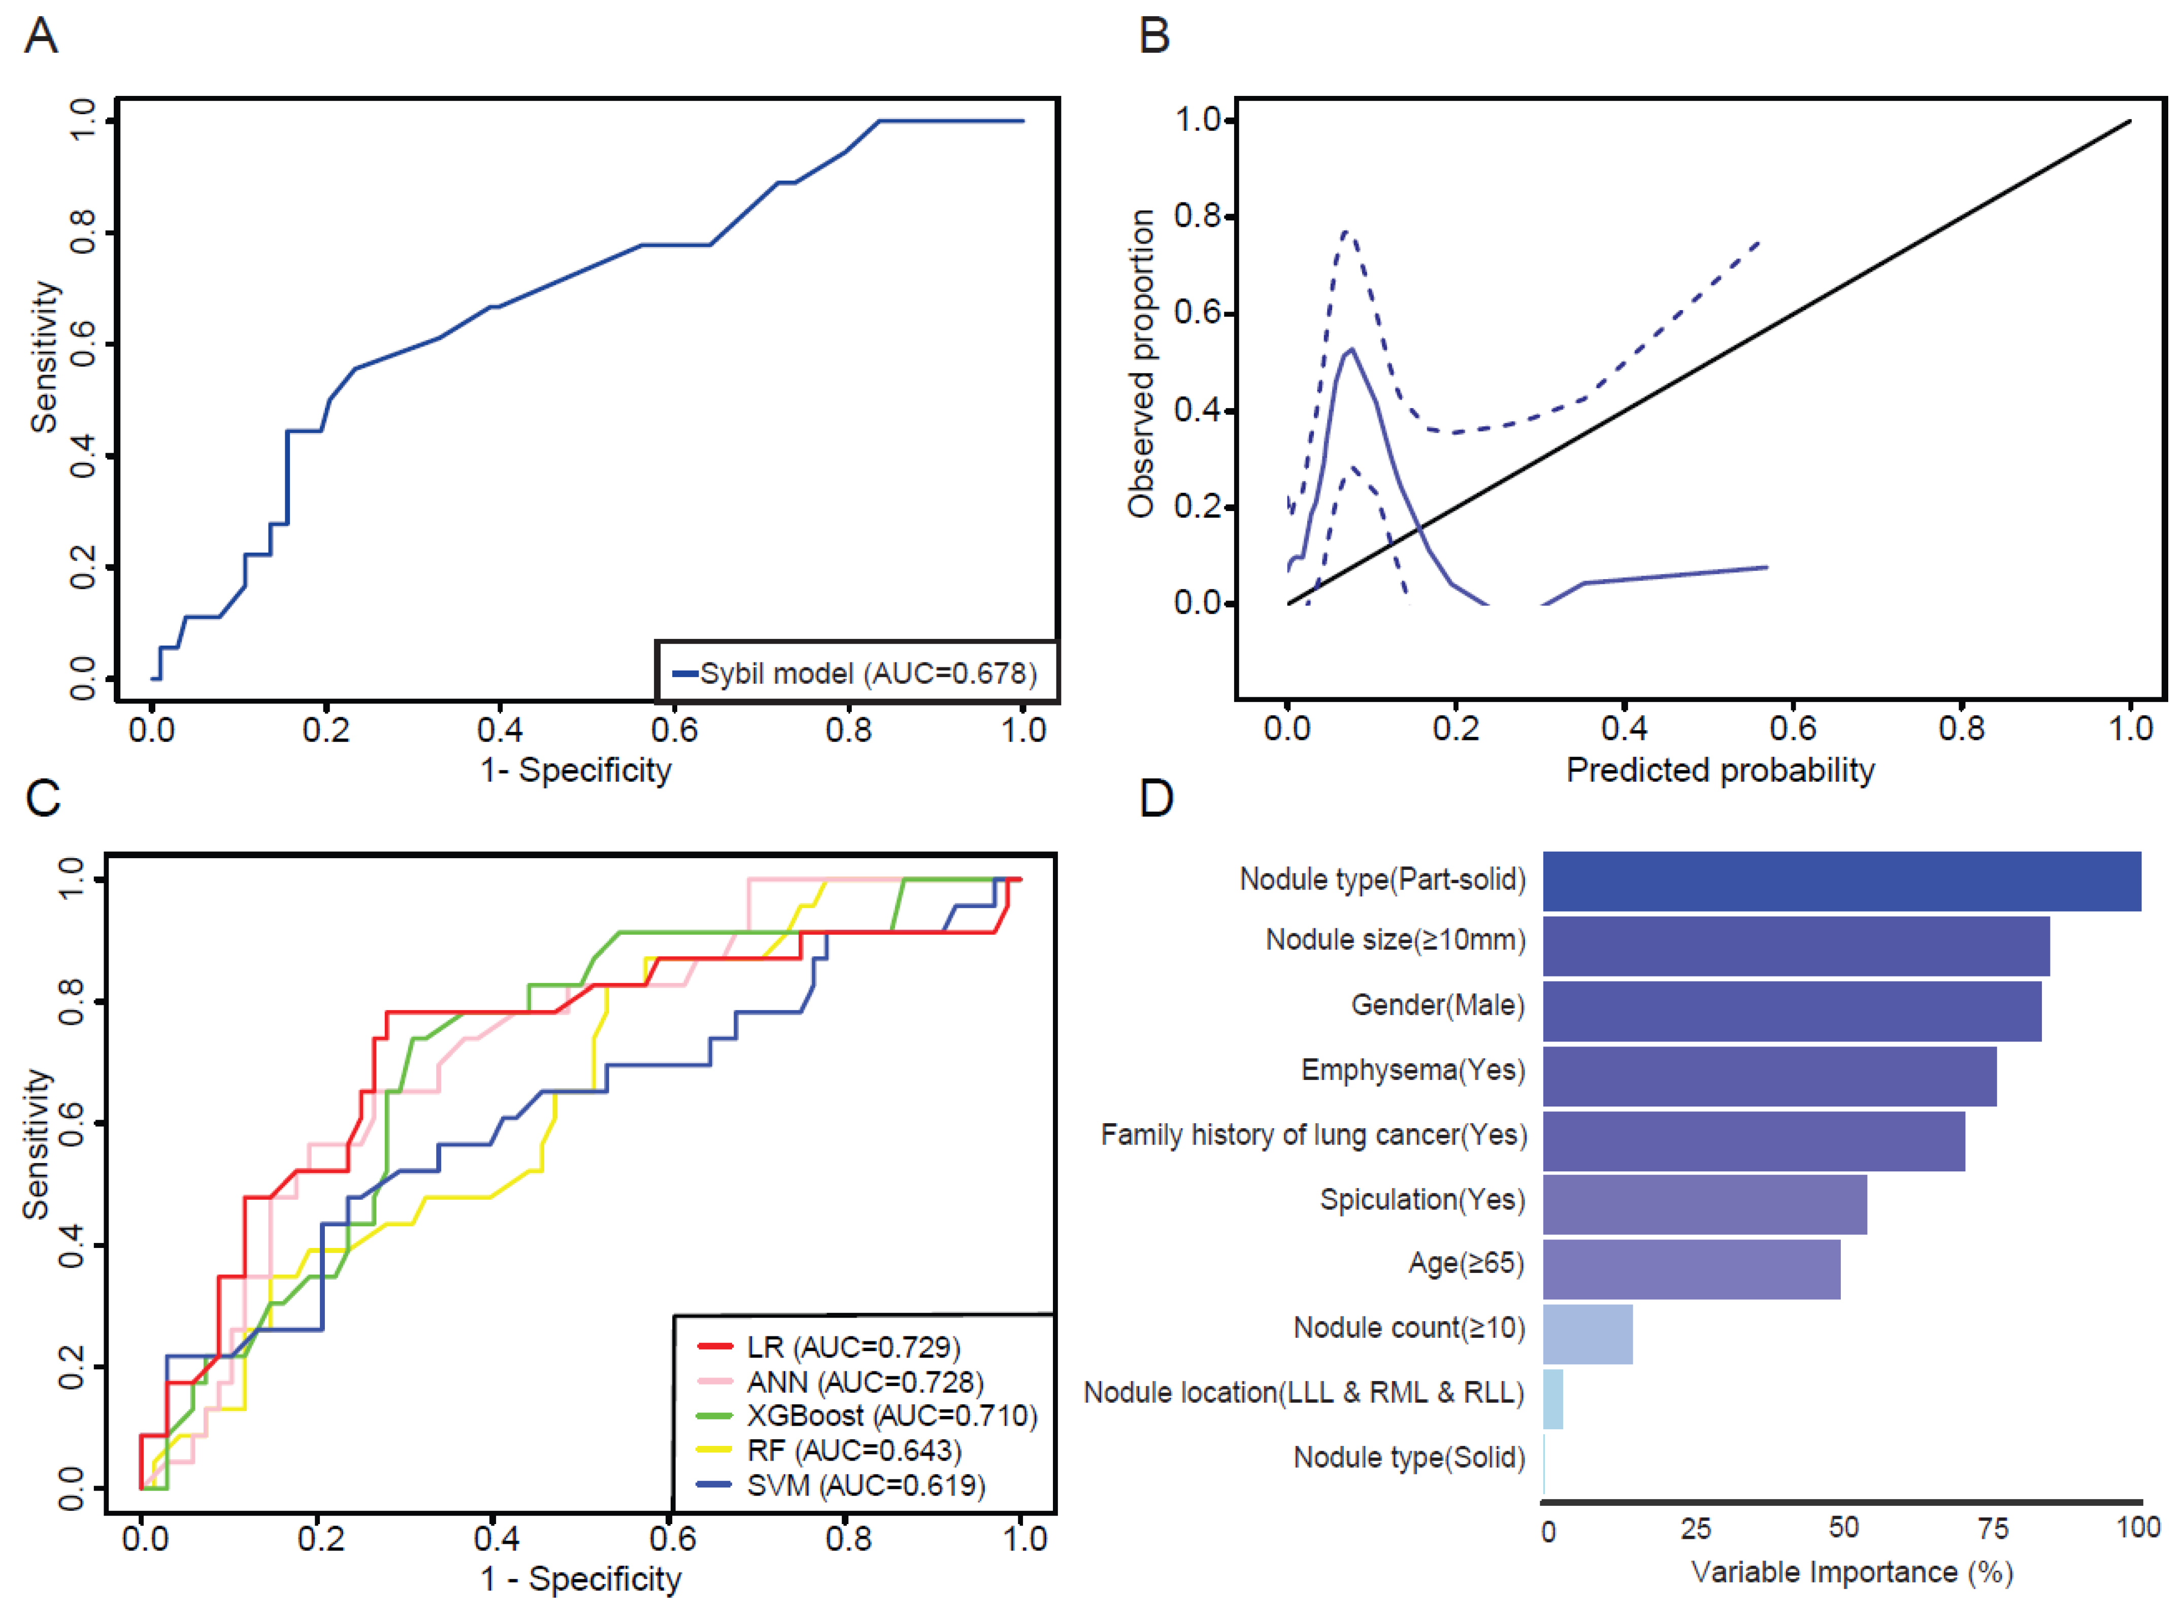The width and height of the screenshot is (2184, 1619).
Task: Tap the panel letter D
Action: (1156, 799)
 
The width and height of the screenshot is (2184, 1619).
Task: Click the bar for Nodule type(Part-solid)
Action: (1841, 881)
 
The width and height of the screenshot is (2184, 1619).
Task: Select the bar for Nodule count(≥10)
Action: (1587, 1334)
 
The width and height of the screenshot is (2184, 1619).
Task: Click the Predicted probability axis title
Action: (1719, 770)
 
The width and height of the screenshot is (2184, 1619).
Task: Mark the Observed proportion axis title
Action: (1140, 362)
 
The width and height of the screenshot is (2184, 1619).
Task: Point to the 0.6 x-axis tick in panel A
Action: (674, 730)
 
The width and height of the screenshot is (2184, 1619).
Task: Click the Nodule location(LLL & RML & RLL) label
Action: (1304, 1393)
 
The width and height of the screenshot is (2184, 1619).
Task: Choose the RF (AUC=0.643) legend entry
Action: (853, 1451)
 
